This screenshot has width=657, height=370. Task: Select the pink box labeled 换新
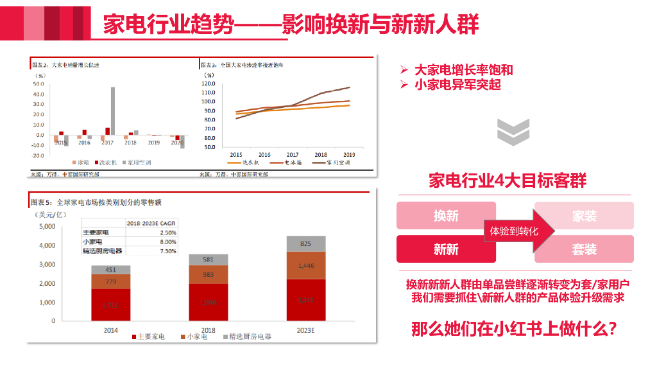tap(446, 216)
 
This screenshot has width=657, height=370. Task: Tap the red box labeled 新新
tap(446, 249)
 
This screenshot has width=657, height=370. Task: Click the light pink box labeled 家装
tap(584, 216)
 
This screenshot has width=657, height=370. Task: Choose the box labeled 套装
tap(584, 249)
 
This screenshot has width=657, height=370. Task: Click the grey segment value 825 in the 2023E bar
tap(305, 243)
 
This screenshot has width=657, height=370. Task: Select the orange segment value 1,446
tap(305, 265)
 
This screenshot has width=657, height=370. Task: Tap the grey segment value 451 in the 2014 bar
tap(111, 270)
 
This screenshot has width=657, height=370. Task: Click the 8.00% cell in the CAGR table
tap(168, 242)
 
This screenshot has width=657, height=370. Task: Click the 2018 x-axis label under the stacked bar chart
tap(208, 330)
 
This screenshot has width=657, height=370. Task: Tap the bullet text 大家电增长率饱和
tap(463, 71)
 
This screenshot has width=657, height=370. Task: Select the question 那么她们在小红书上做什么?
tap(514, 330)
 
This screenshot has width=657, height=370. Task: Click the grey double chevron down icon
tap(513, 132)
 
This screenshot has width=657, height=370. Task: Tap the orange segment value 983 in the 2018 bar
tap(208, 274)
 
